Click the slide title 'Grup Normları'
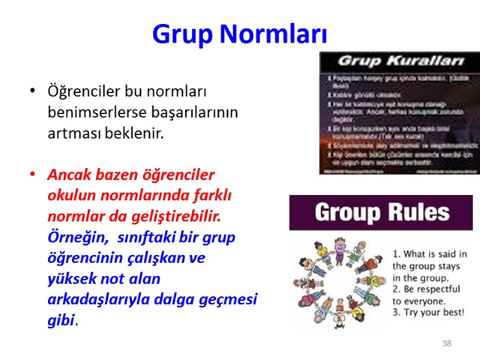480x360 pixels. coord(240,35)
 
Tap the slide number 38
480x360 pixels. coord(446,344)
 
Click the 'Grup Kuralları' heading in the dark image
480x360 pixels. coord(401,61)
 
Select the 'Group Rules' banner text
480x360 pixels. coord(382,212)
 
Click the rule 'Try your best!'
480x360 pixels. coord(428,313)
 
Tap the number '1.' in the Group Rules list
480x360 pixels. coord(397,254)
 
